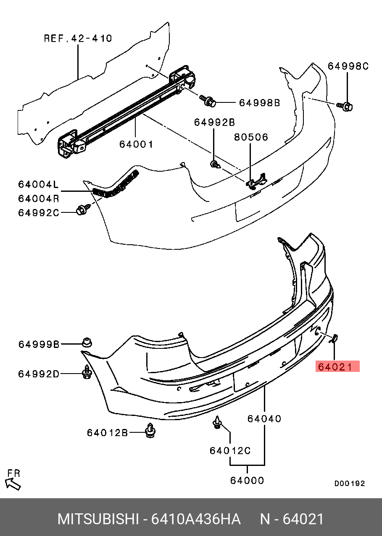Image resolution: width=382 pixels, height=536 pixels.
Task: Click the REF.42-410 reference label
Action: point(78,39)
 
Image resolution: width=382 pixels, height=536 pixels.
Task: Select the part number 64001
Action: point(136,144)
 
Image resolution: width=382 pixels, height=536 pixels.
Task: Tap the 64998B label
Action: point(259,102)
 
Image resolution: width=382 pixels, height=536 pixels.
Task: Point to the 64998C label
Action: point(348,66)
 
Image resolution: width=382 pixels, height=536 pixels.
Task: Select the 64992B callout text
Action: point(214,122)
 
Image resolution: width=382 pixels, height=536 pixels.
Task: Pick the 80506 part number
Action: point(251,137)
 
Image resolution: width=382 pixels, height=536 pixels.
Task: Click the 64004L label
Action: point(39,184)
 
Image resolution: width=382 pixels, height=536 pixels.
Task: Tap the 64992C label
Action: point(39,212)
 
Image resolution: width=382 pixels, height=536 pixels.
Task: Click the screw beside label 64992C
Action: point(82,210)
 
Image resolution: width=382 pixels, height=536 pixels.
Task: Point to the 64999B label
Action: point(39,345)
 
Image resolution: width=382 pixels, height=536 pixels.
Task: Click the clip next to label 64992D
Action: point(87,372)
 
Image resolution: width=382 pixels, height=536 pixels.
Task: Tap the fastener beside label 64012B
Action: point(150,431)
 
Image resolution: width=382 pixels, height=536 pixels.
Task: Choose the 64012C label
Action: point(230,451)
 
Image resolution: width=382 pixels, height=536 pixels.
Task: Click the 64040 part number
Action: point(264,418)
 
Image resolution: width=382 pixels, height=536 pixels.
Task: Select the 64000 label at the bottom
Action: point(247,480)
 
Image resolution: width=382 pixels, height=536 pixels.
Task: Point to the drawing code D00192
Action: point(349,484)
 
